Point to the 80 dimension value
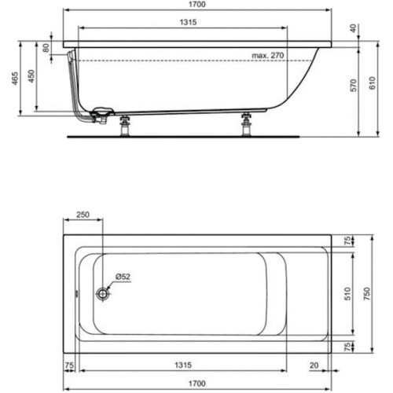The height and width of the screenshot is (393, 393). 46,47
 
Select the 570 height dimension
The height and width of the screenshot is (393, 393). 353,87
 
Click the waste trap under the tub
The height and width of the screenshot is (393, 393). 101,116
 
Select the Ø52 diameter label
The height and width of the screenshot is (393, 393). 122,276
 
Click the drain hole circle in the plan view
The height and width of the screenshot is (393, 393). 103,293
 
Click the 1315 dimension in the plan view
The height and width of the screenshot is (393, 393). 182,365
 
